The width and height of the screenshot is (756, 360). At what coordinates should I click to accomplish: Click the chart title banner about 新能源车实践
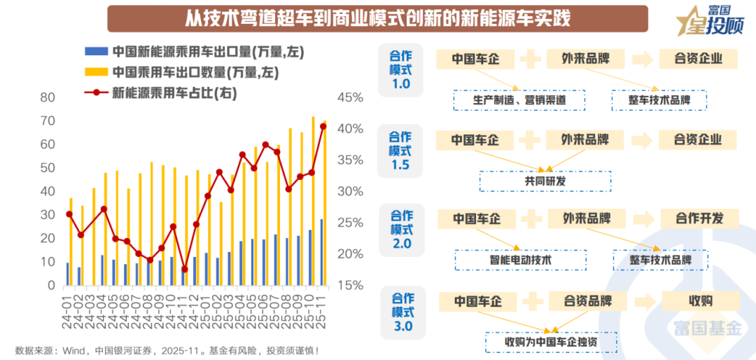point(378,18)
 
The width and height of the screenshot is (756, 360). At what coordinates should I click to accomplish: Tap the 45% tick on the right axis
point(350,97)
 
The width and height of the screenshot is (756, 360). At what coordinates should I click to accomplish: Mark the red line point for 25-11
point(323,127)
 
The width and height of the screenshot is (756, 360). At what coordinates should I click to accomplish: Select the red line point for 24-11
point(184,269)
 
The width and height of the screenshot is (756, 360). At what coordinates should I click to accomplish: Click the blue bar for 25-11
point(321,252)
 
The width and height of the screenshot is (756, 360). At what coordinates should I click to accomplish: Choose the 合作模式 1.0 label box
point(400,70)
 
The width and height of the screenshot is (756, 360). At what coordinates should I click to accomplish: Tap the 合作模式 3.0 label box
point(401,312)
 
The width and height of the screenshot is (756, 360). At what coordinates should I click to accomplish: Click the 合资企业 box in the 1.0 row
point(698,59)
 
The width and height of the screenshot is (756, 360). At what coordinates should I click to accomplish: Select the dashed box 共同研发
point(545,181)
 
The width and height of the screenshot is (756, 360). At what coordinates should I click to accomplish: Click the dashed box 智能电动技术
point(520,260)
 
